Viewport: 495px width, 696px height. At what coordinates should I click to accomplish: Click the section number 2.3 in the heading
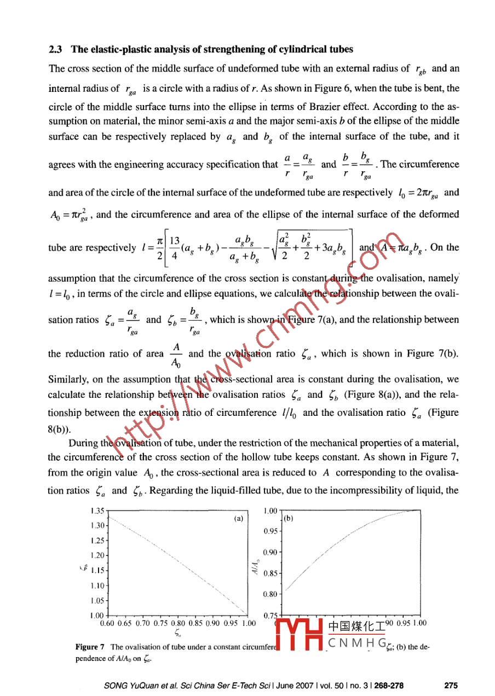pyautogui.click(x=55, y=49)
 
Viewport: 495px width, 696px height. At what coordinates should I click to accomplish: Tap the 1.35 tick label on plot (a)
pyautogui.click(x=97, y=511)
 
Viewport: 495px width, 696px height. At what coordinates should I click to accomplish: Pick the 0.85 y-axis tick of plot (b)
pyautogui.click(x=271, y=573)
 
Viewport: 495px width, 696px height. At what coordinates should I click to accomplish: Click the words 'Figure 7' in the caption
pyautogui.click(x=90, y=647)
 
